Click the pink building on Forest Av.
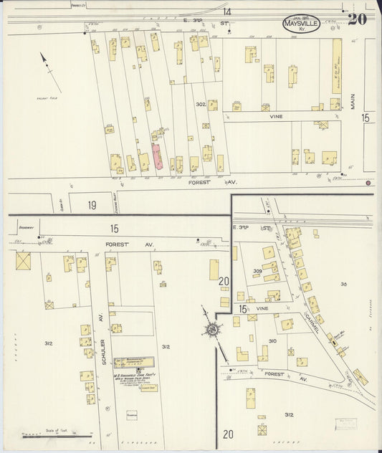tap(156, 157)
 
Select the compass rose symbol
tap(212, 330)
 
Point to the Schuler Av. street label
tap(102, 330)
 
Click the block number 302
tap(201, 105)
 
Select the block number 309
tap(258, 271)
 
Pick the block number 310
tap(272, 340)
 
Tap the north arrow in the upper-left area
tap(47, 66)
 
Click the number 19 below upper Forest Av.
tap(92, 205)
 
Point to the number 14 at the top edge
tap(226, 12)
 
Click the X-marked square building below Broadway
tap(23, 261)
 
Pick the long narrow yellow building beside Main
tap(336, 66)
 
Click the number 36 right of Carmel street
tap(343, 285)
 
